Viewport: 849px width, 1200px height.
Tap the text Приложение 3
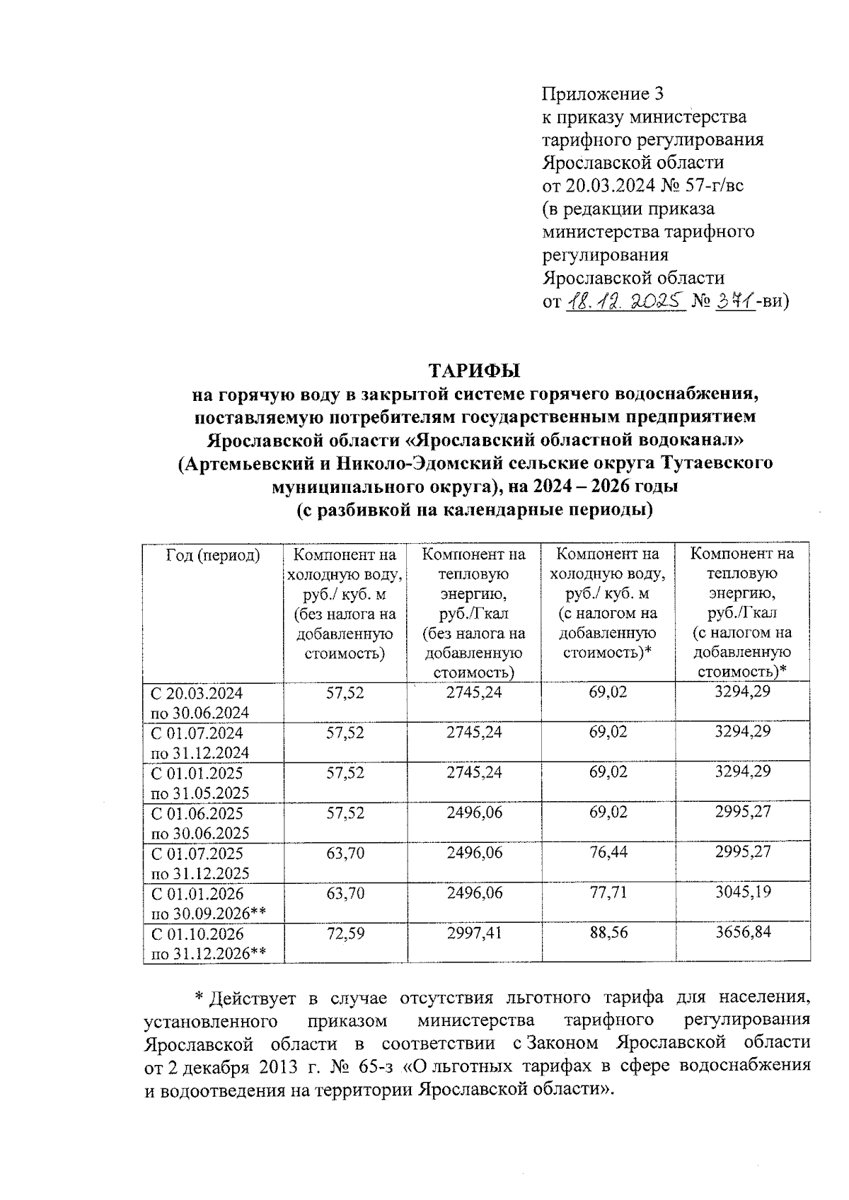point(603,93)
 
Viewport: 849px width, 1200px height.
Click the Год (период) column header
point(212,555)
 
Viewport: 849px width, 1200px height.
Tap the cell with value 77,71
point(608,892)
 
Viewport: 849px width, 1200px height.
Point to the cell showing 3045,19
point(742,892)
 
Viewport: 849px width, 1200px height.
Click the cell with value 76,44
point(608,852)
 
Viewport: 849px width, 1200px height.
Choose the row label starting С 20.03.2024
point(196,692)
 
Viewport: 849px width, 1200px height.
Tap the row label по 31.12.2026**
point(209,953)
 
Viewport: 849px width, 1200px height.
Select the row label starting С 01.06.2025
point(196,812)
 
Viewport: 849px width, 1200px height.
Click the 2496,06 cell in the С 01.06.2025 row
point(474,812)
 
